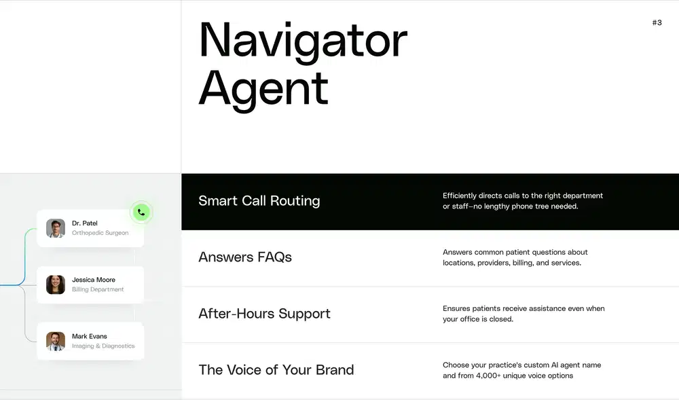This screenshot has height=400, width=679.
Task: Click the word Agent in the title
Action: pos(263,89)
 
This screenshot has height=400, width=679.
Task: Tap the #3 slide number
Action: pos(657,22)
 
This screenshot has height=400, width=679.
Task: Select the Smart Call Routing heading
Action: pos(259,201)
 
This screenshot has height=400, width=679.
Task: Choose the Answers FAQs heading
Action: pos(245,257)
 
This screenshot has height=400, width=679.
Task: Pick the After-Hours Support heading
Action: pos(264,314)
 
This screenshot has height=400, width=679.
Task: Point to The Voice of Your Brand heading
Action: pos(276,370)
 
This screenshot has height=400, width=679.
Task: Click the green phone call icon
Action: pos(141,213)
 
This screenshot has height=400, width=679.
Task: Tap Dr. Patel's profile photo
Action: pos(56,228)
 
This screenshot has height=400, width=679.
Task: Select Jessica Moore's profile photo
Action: pos(56,285)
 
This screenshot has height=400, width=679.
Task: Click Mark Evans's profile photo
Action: pos(56,341)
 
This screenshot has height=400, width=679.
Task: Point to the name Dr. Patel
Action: pos(85,223)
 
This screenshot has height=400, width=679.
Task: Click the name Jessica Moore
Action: pos(94,280)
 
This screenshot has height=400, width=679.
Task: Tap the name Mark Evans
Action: pos(90,336)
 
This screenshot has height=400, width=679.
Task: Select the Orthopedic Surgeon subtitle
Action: pos(100,233)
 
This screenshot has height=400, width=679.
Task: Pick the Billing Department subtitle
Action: pos(98,289)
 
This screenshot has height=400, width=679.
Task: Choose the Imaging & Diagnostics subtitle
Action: pos(103,346)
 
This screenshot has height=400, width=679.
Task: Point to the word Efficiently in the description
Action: pos(460,196)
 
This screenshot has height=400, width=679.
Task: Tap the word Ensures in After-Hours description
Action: pos(456,308)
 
